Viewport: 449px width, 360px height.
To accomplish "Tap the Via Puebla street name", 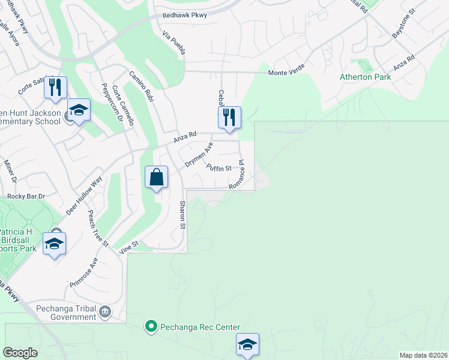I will (x=173, y=44).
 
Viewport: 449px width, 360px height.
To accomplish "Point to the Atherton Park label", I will (x=365, y=77).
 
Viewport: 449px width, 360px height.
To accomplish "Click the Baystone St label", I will (x=403, y=25).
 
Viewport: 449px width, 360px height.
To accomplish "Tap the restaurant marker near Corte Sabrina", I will (x=55, y=88).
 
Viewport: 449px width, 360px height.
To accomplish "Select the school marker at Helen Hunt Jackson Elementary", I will (x=79, y=110).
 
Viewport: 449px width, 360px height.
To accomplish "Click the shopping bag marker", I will (x=156, y=178).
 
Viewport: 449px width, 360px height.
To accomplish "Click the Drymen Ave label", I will (x=199, y=155).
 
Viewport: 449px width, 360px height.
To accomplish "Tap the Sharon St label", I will (x=182, y=215).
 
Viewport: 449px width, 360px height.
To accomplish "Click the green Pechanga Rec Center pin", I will (x=151, y=327).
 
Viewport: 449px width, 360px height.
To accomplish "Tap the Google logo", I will (x=20, y=353).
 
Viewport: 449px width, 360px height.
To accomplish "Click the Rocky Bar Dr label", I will (x=26, y=196).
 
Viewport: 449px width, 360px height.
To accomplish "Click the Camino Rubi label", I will (x=142, y=86).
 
